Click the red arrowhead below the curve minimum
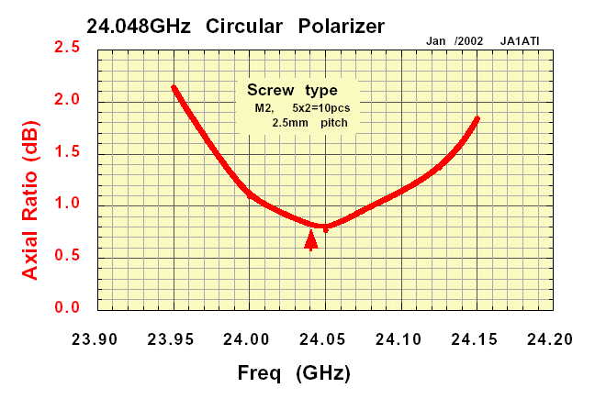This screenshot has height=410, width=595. coord(311,240)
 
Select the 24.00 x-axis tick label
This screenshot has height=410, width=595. coord(249,338)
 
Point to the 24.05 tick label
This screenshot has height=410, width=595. coord(324,338)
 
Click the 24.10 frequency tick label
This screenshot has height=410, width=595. coord(399,338)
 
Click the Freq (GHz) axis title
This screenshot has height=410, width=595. coord(294,374)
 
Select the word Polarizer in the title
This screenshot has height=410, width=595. coord(342,26)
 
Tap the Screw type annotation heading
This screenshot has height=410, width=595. coord(293,90)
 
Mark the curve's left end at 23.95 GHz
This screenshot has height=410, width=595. coord(174,87)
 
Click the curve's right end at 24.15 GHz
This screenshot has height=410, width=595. coord(477,118)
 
